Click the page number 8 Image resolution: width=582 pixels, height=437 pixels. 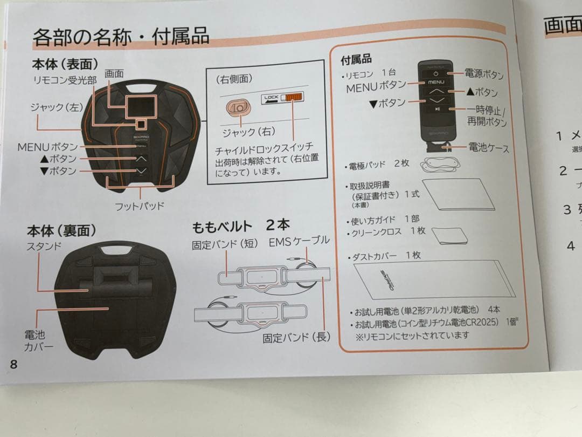pyautogui.click(x=13, y=364)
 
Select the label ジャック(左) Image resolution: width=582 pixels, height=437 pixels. pyautogui.click(x=57, y=107)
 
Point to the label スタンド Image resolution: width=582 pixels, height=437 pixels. pyautogui.click(x=44, y=246)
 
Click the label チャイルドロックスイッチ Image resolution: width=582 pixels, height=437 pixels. pyautogui.click(x=264, y=148)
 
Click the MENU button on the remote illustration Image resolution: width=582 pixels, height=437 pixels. pyautogui.click(x=436, y=83)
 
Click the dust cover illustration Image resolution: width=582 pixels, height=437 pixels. pyautogui.click(x=435, y=280)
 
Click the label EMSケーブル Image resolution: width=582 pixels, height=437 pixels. pyautogui.click(x=299, y=241)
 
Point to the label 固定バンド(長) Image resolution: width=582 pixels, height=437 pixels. pyautogui.click(x=296, y=338)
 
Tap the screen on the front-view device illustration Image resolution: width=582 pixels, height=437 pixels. pyautogui.click(x=141, y=106)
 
